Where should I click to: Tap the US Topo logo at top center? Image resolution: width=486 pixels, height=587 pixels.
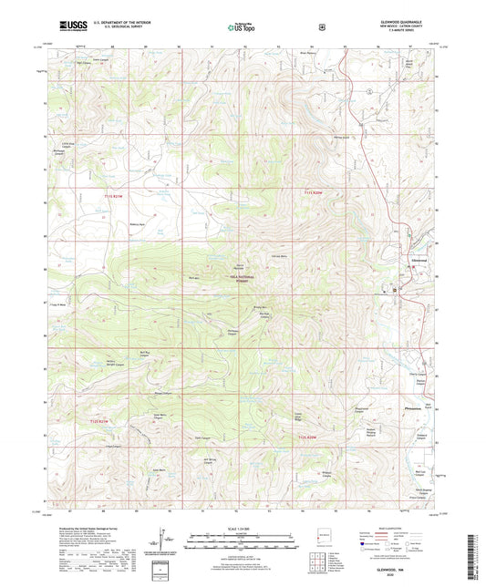tap(243, 27)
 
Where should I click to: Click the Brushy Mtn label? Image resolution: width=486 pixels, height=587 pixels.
tap(258, 307)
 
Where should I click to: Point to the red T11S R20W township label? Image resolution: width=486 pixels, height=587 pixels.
tap(313, 193)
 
